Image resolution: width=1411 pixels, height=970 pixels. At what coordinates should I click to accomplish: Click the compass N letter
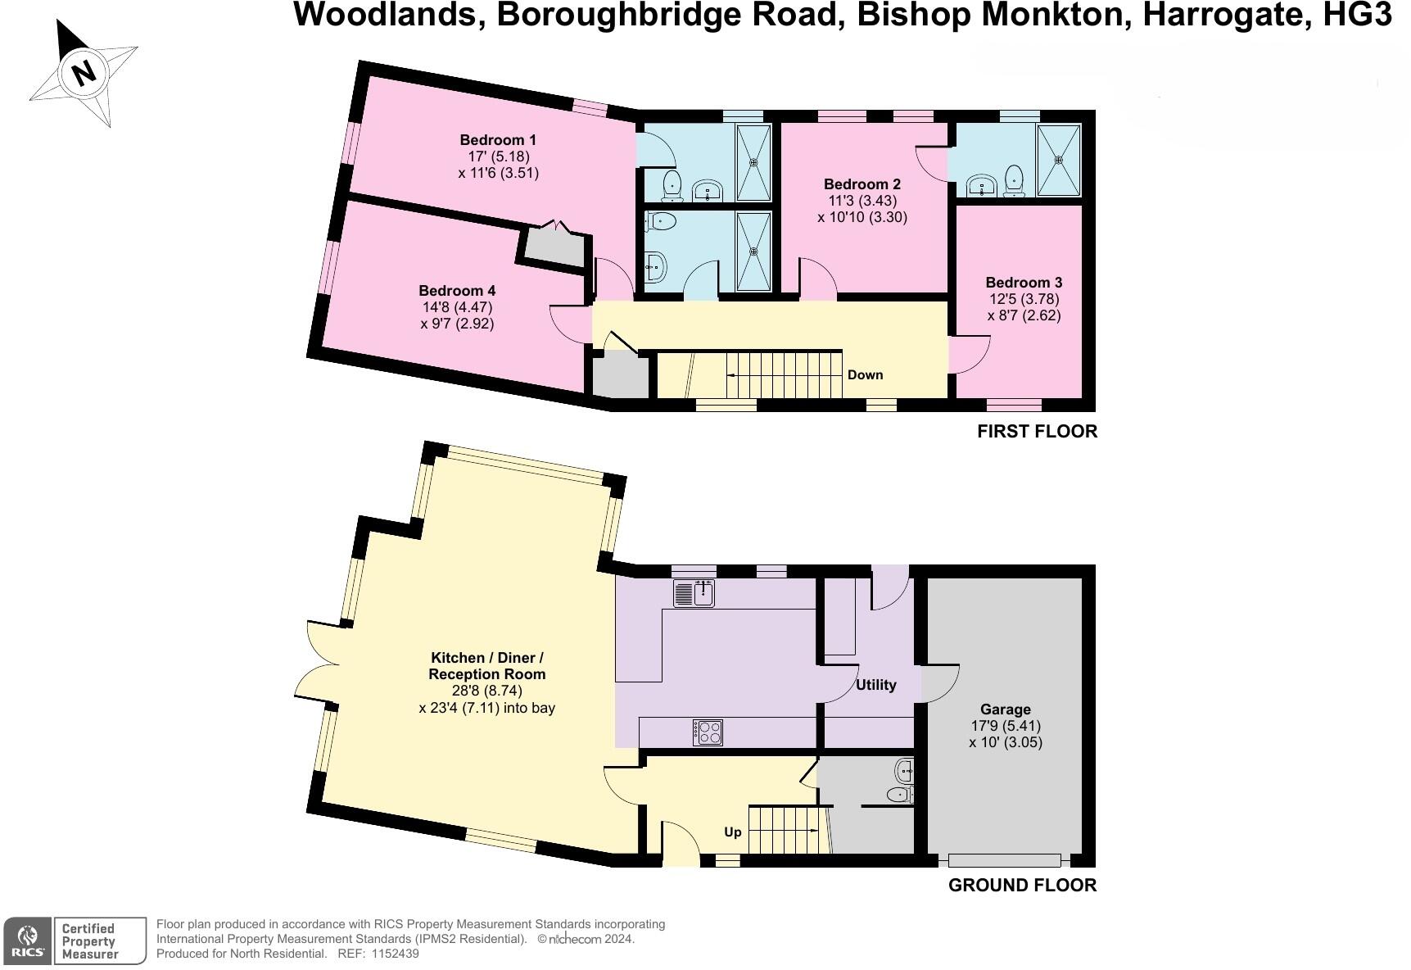point(84,73)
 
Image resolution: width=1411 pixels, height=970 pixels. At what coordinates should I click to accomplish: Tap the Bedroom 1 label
point(498,140)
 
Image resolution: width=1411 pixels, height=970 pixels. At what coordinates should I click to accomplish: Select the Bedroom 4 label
point(457,291)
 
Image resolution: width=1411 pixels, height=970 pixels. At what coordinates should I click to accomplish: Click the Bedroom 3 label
point(1024,283)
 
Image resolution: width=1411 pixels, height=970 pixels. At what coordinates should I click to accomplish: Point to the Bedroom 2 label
point(862,184)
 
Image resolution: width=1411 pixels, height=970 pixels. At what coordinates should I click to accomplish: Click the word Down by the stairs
point(865,375)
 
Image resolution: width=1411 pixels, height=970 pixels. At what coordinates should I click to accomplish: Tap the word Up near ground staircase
point(733,832)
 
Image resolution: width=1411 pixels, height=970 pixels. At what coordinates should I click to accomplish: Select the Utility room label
point(875,685)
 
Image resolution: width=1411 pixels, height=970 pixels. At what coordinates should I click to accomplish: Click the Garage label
point(1005,709)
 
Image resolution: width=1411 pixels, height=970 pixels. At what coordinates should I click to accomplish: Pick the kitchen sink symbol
point(694,593)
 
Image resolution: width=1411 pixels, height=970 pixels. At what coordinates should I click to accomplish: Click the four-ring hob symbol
point(708,732)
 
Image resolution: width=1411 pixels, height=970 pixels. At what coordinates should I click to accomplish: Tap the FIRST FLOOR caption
point(1037,432)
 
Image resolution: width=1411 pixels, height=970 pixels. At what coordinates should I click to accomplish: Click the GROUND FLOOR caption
point(1022,886)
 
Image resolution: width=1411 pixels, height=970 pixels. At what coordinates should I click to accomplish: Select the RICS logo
point(28,941)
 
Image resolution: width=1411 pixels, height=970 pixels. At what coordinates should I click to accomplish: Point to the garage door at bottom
point(1005,860)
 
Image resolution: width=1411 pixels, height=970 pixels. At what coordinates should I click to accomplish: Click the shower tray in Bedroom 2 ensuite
point(1060,161)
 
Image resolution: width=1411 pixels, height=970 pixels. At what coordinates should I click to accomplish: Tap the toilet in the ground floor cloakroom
point(900,794)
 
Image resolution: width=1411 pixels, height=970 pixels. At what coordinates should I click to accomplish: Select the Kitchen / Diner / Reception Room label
point(486,666)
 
